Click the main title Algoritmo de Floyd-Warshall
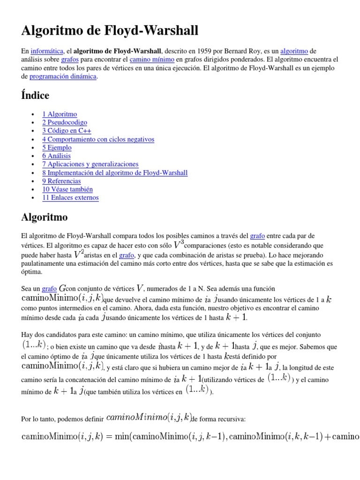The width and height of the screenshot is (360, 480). [110, 31]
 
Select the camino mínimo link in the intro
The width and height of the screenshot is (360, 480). [152, 60]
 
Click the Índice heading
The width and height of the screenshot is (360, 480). [35, 95]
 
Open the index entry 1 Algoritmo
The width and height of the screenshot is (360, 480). [60, 114]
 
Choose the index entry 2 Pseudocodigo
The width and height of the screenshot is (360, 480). [65, 122]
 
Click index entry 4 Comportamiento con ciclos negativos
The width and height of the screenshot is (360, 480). [98, 139]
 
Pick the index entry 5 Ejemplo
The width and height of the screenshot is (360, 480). [57, 148]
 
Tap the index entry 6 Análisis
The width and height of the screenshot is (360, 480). [56, 156]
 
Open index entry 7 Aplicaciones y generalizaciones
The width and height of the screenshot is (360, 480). [90, 164]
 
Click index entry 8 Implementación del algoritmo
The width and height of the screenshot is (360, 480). [115, 172]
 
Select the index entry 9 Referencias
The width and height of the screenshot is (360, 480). [61, 181]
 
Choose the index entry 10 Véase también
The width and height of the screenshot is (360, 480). [67, 189]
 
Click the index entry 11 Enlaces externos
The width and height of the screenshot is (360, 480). [70, 197]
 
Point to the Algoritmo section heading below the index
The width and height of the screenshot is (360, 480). [45, 217]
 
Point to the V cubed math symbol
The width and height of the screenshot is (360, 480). [178, 244]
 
